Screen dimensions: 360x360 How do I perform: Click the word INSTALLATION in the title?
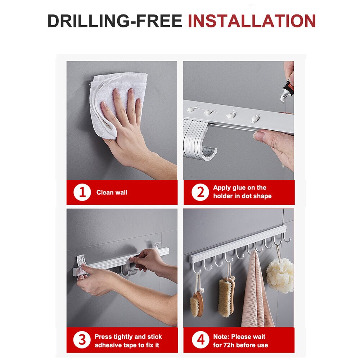point(252,21)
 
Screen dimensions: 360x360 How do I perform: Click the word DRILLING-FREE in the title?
point(115,21)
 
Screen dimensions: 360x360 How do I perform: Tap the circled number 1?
point(82,193)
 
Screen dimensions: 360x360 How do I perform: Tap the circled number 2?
point(200,193)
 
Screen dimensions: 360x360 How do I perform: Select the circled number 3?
point(82,340)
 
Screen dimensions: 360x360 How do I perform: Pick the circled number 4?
point(200,340)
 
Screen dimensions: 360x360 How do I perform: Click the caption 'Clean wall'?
point(112,193)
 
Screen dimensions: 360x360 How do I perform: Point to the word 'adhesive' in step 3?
point(107,345)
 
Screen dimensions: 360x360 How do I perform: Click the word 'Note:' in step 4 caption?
point(221,337)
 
